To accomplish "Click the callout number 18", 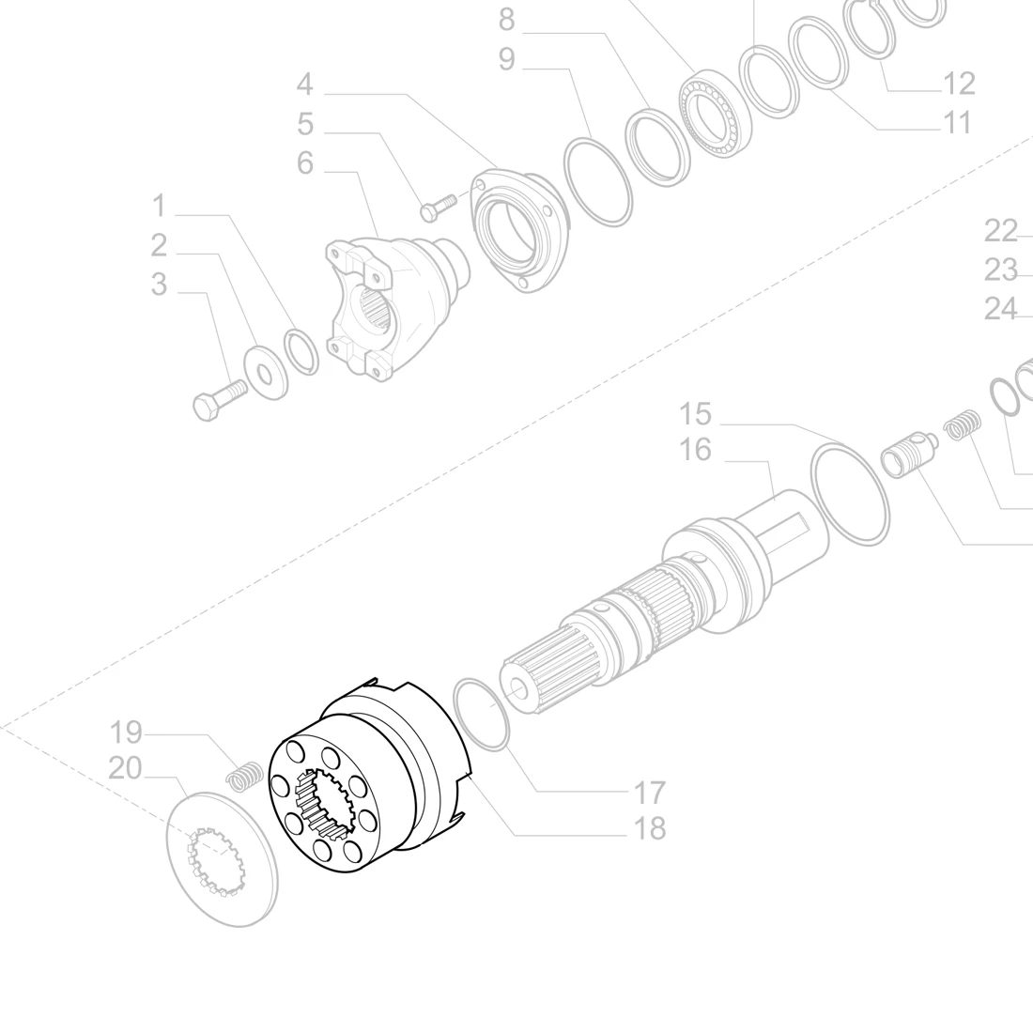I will (x=648, y=828).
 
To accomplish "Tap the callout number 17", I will (x=648, y=793).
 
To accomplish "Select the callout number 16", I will (x=696, y=451).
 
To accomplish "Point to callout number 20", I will (x=125, y=768).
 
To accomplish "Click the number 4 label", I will (x=304, y=85).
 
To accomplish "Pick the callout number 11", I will (x=956, y=122).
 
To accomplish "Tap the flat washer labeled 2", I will (x=265, y=372).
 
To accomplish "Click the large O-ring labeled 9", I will (x=598, y=181).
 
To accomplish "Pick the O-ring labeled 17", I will (x=482, y=715).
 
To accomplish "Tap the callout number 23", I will (x=1001, y=270).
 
